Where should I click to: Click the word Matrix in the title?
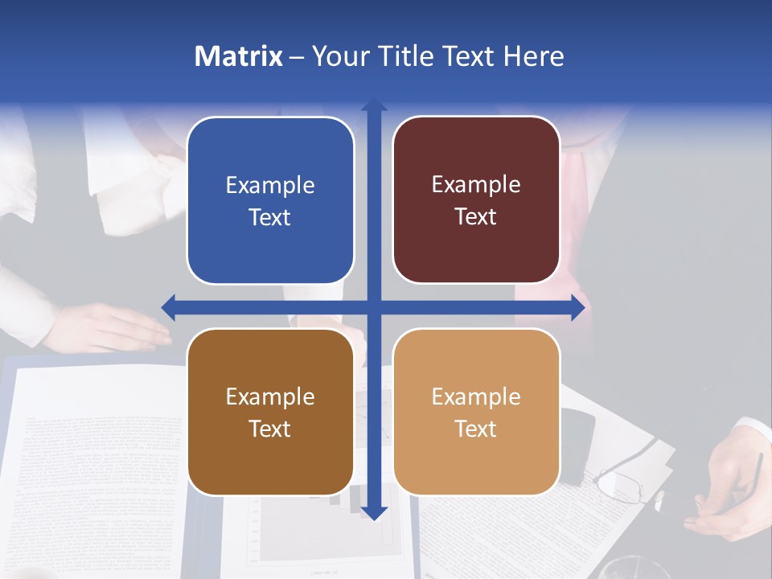tap(238, 56)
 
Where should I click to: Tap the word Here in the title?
tap(534, 56)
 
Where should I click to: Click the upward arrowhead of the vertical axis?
tap(374, 105)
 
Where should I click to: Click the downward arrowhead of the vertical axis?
tap(374, 512)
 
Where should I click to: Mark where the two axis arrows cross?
tap(374, 307)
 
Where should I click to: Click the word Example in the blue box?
tap(270, 186)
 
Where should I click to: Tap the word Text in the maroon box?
tap(476, 217)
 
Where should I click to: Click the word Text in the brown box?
tap(270, 429)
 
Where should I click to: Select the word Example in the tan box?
tap(476, 396)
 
